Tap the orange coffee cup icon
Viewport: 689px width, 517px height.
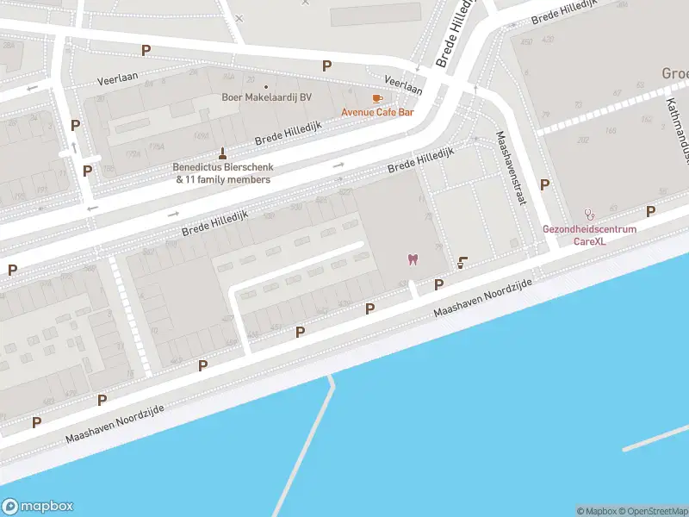376,99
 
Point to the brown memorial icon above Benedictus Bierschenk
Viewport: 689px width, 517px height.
224,152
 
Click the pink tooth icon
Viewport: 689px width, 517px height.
413,259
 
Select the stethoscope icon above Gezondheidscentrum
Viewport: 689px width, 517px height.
589,215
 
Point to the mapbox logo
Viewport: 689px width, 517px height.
38,507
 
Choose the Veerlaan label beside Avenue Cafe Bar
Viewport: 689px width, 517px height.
403,84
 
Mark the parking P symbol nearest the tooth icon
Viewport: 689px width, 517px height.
438,284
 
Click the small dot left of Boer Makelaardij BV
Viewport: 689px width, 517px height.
266,86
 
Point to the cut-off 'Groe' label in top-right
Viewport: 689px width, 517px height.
673,73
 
